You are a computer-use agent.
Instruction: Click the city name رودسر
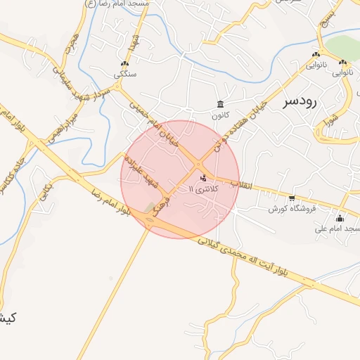300,101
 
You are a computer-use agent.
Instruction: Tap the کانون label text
221,115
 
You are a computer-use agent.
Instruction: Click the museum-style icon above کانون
221,104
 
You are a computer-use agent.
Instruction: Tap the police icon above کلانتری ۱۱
204,178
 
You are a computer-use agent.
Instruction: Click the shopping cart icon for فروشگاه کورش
292,198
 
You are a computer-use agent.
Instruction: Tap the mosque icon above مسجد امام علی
340,218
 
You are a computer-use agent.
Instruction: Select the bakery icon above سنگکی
125,63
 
